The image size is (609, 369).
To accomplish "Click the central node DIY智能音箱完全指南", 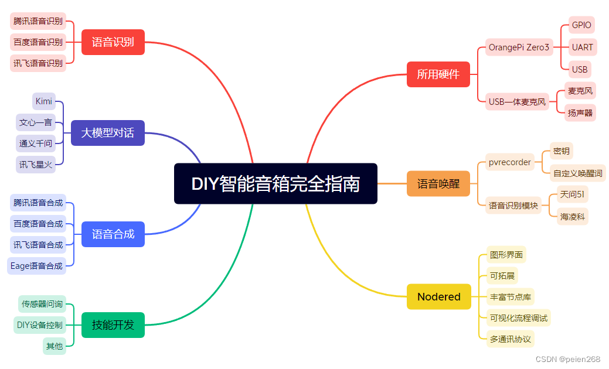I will click(x=275, y=183).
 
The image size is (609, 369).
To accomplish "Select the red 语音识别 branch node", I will click(x=113, y=42).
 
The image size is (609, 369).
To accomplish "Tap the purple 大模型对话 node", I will click(x=107, y=133).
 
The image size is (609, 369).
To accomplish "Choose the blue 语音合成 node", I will click(x=113, y=234).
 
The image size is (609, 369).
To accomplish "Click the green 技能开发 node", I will click(x=113, y=325).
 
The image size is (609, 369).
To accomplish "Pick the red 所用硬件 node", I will click(x=438, y=74).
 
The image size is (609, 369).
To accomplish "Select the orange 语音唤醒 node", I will click(x=438, y=184).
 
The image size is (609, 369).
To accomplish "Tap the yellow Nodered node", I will click(x=438, y=296).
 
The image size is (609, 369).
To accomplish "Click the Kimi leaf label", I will click(x=44, y=101).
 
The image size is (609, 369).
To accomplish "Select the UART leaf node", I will click(x=582, y=47).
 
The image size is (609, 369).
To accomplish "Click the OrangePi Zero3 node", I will click(x=519, y=47).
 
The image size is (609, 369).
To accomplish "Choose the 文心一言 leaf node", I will click(x=36, y=122).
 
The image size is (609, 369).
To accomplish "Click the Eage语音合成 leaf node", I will click(x=36, y=266).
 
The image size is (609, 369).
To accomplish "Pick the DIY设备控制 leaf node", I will click(x=39, y=325).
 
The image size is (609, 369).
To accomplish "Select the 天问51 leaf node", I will click(x=572, y=194).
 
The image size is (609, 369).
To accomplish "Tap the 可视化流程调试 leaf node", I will click(x=519, y=318).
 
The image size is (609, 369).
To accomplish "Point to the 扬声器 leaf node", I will click(x=580, y=113).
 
